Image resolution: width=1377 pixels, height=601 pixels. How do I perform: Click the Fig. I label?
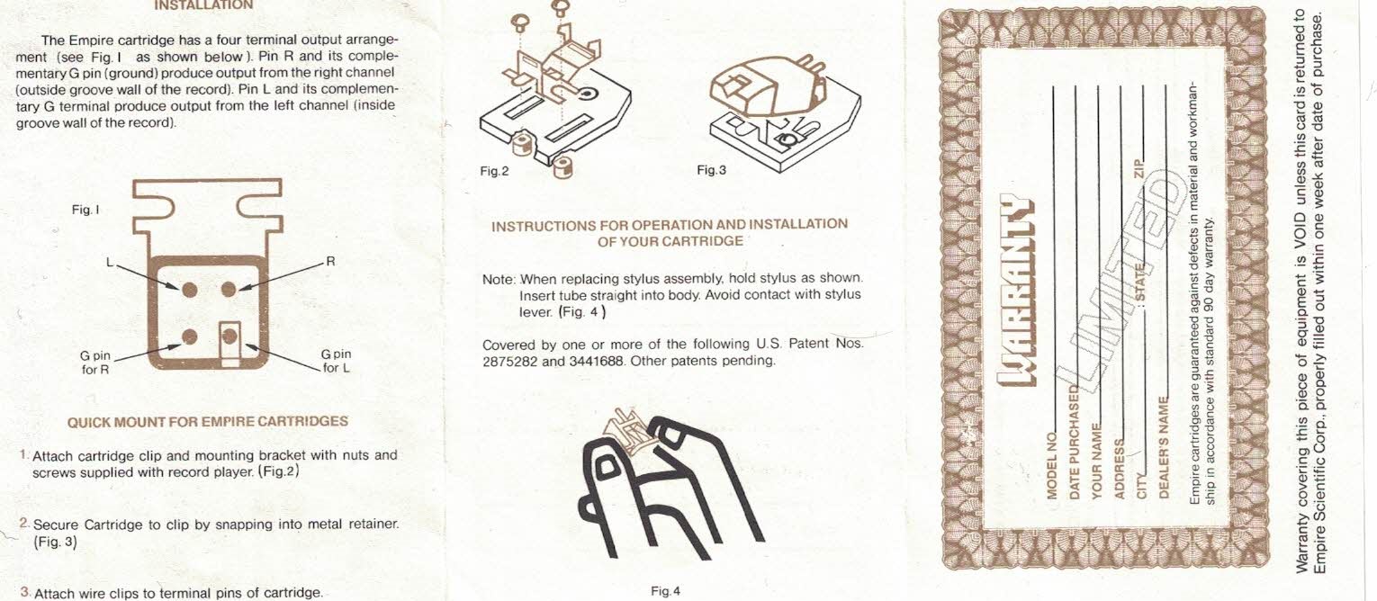85,210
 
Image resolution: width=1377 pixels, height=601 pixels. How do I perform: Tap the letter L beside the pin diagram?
110,263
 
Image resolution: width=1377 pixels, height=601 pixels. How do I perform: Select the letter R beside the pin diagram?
330,261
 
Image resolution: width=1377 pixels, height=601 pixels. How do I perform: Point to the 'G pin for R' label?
95,363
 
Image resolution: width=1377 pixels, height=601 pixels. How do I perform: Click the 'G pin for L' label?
336,361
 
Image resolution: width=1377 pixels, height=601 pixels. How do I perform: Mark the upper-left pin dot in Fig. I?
189,289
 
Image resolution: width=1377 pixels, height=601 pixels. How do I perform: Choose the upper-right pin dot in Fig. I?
229,289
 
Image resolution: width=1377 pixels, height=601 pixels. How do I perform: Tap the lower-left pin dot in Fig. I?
189,336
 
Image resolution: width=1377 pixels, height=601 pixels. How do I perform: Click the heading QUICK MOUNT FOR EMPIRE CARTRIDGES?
208,422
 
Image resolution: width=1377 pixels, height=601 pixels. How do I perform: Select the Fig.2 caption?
494,172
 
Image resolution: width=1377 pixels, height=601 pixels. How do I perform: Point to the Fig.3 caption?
711,170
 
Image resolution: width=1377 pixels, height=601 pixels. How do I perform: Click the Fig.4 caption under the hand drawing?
666,591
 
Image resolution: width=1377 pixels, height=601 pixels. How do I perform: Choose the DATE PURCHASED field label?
1075,442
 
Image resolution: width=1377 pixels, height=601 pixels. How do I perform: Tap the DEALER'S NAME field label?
1163,447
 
